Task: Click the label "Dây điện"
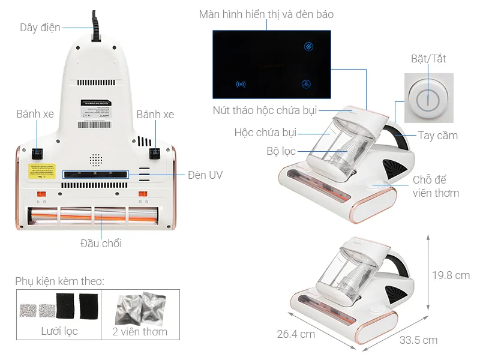tap(40, 28)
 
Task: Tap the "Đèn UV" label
tap(205, 175)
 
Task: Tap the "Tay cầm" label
tap(438, 136)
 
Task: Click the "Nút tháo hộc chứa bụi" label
tap(265, 110)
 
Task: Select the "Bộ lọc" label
tap(281, 151)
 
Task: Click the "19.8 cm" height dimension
tap(451, 275)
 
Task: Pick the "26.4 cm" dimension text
tap(296, 334)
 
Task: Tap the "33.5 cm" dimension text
tap(418, 340)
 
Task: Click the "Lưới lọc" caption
tap(59, 331)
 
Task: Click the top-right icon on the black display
tap(307, 46)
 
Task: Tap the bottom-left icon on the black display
tap(241, 85)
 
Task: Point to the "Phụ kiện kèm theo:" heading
tap(60, 281)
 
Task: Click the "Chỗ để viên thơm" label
tap(436, 187)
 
